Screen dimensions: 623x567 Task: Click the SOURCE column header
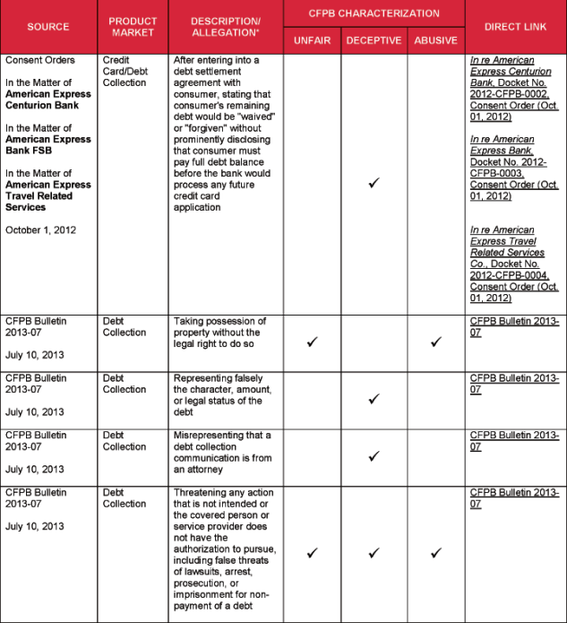(48, 27)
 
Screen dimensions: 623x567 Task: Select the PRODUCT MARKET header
(133, 27)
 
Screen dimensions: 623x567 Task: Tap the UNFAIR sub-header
(312, 40)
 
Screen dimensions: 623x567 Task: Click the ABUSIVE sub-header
(435, 40)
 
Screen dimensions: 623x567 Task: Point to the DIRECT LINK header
(515, 27)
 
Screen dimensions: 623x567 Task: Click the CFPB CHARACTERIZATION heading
(374, 13)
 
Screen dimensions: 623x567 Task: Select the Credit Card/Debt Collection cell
(125, 72)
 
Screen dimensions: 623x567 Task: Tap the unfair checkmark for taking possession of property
(312, 342)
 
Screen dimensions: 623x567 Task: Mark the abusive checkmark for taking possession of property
(435, 342)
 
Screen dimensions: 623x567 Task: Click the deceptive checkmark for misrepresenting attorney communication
(374, 456)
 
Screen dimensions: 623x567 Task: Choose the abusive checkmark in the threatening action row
(435, 553)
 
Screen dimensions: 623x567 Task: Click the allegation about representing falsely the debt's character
(221, 390)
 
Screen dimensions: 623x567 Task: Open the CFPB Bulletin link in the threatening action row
(514, 498)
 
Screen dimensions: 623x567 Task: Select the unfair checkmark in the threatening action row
(312, 553)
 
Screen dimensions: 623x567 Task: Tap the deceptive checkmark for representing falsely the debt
(374, 399)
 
